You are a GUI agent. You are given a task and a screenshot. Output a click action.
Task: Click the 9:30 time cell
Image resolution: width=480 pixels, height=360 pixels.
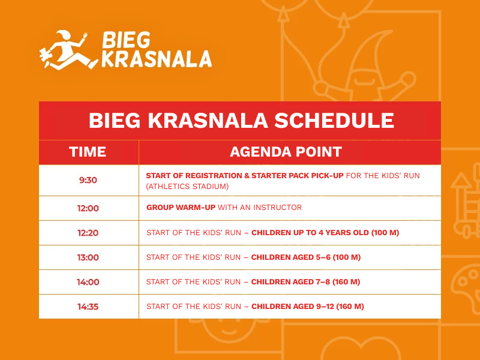tap(88, 180)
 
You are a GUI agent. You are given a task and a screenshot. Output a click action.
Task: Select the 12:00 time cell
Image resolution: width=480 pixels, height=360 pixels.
tap(88, 208)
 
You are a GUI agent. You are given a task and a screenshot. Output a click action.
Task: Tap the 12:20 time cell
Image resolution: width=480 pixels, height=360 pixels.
tap(88, 233)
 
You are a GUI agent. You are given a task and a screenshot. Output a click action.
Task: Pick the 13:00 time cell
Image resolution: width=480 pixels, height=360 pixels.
tap(88, 257)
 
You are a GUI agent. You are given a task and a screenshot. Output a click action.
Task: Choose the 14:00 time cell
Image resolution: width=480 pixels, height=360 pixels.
tap(88, 282)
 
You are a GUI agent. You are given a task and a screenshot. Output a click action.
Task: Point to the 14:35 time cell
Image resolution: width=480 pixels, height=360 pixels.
tap(88, 307)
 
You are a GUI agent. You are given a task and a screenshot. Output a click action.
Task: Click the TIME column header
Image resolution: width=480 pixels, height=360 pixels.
tap(88, 152)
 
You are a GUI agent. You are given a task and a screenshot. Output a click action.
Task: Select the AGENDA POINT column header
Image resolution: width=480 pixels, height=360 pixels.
tap(286, 152)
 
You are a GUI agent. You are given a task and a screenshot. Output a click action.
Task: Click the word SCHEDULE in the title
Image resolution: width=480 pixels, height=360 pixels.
tap(334, 121)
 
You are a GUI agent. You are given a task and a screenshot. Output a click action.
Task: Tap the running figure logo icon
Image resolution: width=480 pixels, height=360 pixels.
tap(68, 50)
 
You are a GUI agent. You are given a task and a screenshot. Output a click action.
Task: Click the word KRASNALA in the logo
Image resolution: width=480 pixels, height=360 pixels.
tap(157, 59)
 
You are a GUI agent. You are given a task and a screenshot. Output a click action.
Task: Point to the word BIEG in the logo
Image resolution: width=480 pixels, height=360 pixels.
tap(126, 40)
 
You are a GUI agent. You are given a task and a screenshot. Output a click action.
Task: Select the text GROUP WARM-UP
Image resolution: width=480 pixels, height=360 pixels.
tap(181, 207)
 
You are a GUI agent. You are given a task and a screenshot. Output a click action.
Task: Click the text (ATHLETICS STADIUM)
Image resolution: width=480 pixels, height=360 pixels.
tap(187, 187)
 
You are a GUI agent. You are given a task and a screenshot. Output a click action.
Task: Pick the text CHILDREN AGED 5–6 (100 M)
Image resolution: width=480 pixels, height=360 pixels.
tap(306, 257)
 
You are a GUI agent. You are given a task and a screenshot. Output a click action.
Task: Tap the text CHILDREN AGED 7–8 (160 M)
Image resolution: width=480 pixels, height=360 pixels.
tap(305, 281)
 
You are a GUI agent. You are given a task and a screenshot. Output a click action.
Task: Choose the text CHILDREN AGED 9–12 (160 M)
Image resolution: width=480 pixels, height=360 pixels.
tap(308, 307)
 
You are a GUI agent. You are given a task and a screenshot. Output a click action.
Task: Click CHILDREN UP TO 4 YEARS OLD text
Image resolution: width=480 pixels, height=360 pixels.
tap(310, 233)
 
